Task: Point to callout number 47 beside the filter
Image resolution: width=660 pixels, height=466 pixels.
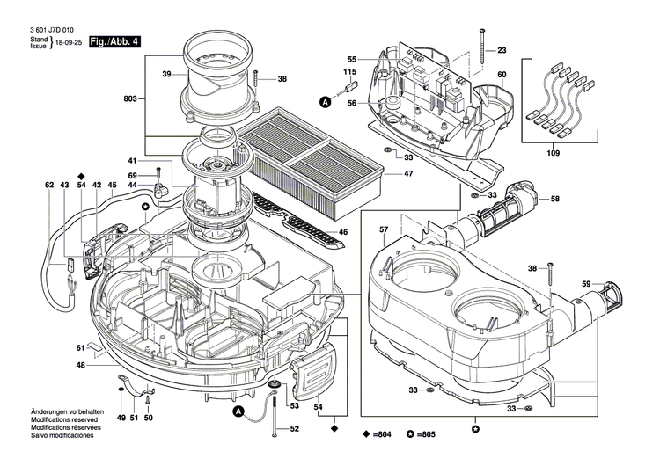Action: [x=408, y=174]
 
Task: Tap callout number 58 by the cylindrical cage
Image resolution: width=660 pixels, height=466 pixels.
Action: [x=555, y=200]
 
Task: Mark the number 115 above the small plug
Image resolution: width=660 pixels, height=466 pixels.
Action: [x=349, y=71]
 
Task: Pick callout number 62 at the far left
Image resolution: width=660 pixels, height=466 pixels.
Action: [x=49, y=186]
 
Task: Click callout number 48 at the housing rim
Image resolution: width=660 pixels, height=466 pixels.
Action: [x=80, y=365]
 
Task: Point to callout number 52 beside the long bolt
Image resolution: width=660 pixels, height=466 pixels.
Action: [x=294, y=428]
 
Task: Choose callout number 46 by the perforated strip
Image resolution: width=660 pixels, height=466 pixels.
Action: [x=343, y=232]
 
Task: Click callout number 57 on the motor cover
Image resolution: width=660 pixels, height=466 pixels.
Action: [x=384, y=230]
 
